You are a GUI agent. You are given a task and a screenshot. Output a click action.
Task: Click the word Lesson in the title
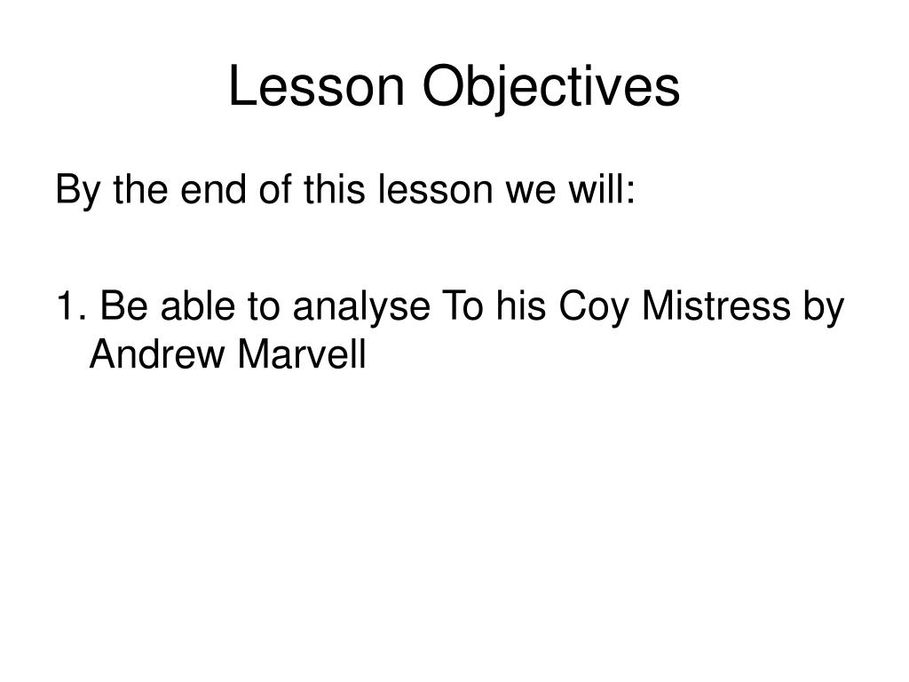coord(316,87)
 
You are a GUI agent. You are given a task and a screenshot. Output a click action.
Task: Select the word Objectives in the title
coord(550,87)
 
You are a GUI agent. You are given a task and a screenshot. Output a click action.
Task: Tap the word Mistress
coord(713,308)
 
